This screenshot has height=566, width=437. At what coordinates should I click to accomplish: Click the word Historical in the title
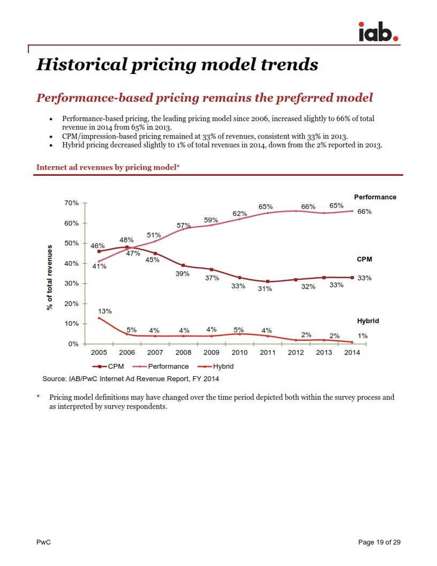(x=81, y=65)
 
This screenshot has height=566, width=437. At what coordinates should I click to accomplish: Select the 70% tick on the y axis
(x=72, y=203)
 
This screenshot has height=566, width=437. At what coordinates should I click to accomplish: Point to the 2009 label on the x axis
(x=212, y=352)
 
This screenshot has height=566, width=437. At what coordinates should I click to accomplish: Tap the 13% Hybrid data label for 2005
(x=104, y=311)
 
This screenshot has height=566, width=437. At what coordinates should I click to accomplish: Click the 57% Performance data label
(x=184, y=225)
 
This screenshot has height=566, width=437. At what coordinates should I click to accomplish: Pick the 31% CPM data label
(x=265, y=288)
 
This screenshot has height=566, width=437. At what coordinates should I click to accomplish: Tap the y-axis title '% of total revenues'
(x=50, y=277)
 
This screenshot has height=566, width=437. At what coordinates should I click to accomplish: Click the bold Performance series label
(x=375, y=197)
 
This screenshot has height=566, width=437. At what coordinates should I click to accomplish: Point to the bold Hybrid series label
(x=368, y=321)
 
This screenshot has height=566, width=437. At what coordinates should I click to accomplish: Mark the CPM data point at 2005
(x=99, y=251)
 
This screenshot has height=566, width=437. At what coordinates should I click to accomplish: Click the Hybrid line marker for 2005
(x=99, y=318)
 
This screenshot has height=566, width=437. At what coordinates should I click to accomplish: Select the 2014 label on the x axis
(x=352, y=352)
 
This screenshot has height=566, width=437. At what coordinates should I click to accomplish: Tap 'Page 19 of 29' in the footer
(x=379, y=542)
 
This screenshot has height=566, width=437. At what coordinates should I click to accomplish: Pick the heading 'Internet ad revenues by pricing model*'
(x=108, y=167)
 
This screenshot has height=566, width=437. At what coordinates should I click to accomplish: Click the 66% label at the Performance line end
(x=364, y=212)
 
